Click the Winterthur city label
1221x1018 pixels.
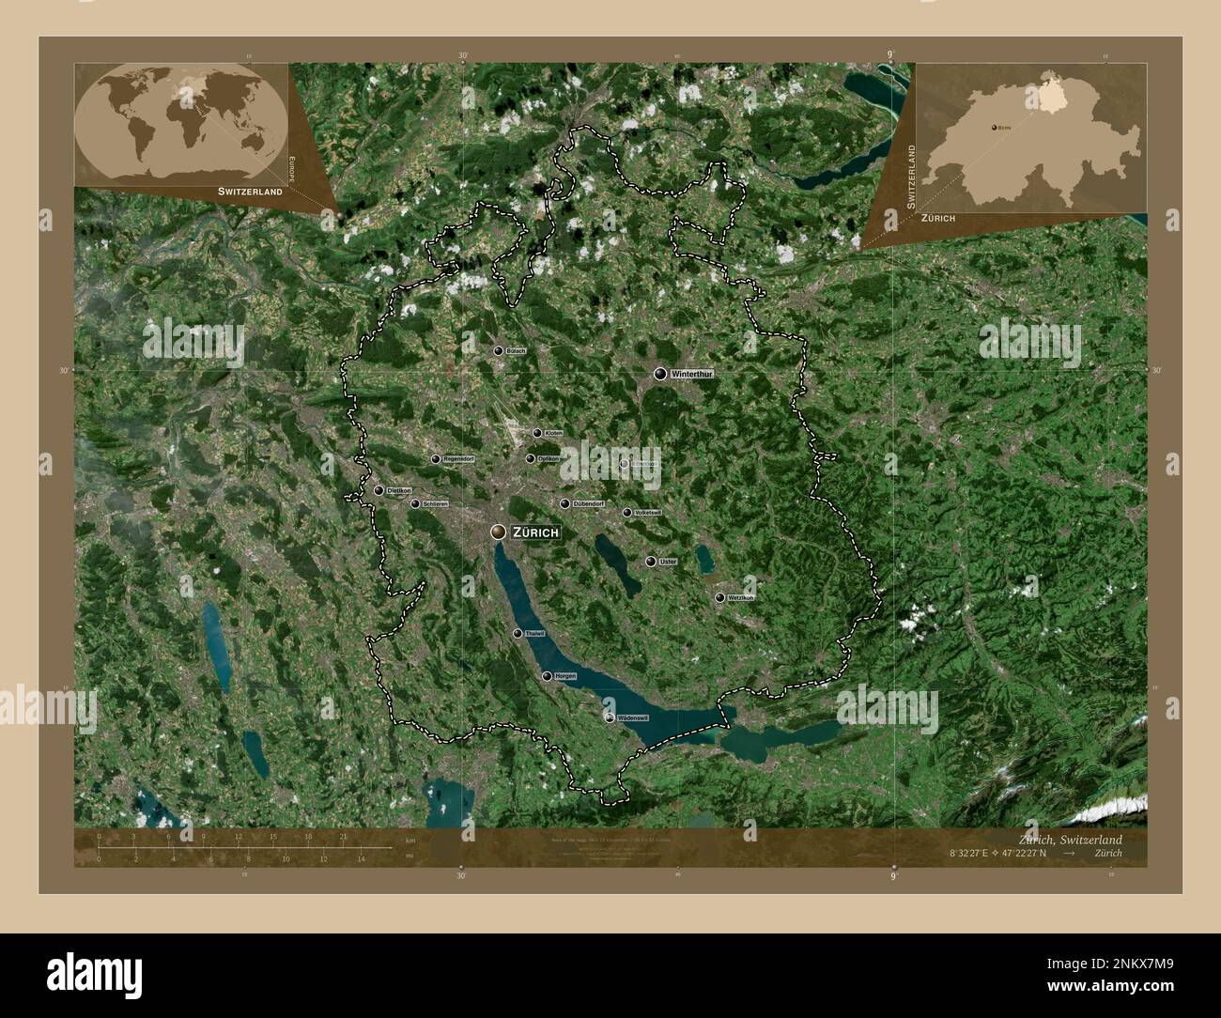click(694, 374)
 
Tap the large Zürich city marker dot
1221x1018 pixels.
click(498, 532)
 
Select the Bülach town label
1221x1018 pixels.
click(516, 351)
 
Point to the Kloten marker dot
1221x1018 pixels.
click(537, 433)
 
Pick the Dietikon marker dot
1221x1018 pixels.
click(379, 490)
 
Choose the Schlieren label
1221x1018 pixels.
click(436, 504)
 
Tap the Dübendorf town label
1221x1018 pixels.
click(588, 504)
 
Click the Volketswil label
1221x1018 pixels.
click(648, 513)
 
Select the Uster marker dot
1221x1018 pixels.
click(650, 562)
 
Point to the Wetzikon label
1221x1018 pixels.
click(741, 597)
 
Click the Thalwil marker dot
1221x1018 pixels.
click(518, 634)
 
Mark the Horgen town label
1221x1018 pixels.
click(565, 676)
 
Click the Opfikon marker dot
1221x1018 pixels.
click(531, 459)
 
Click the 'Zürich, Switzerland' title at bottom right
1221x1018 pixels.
click(1070, 839)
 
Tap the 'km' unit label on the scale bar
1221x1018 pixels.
click(410, 840)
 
